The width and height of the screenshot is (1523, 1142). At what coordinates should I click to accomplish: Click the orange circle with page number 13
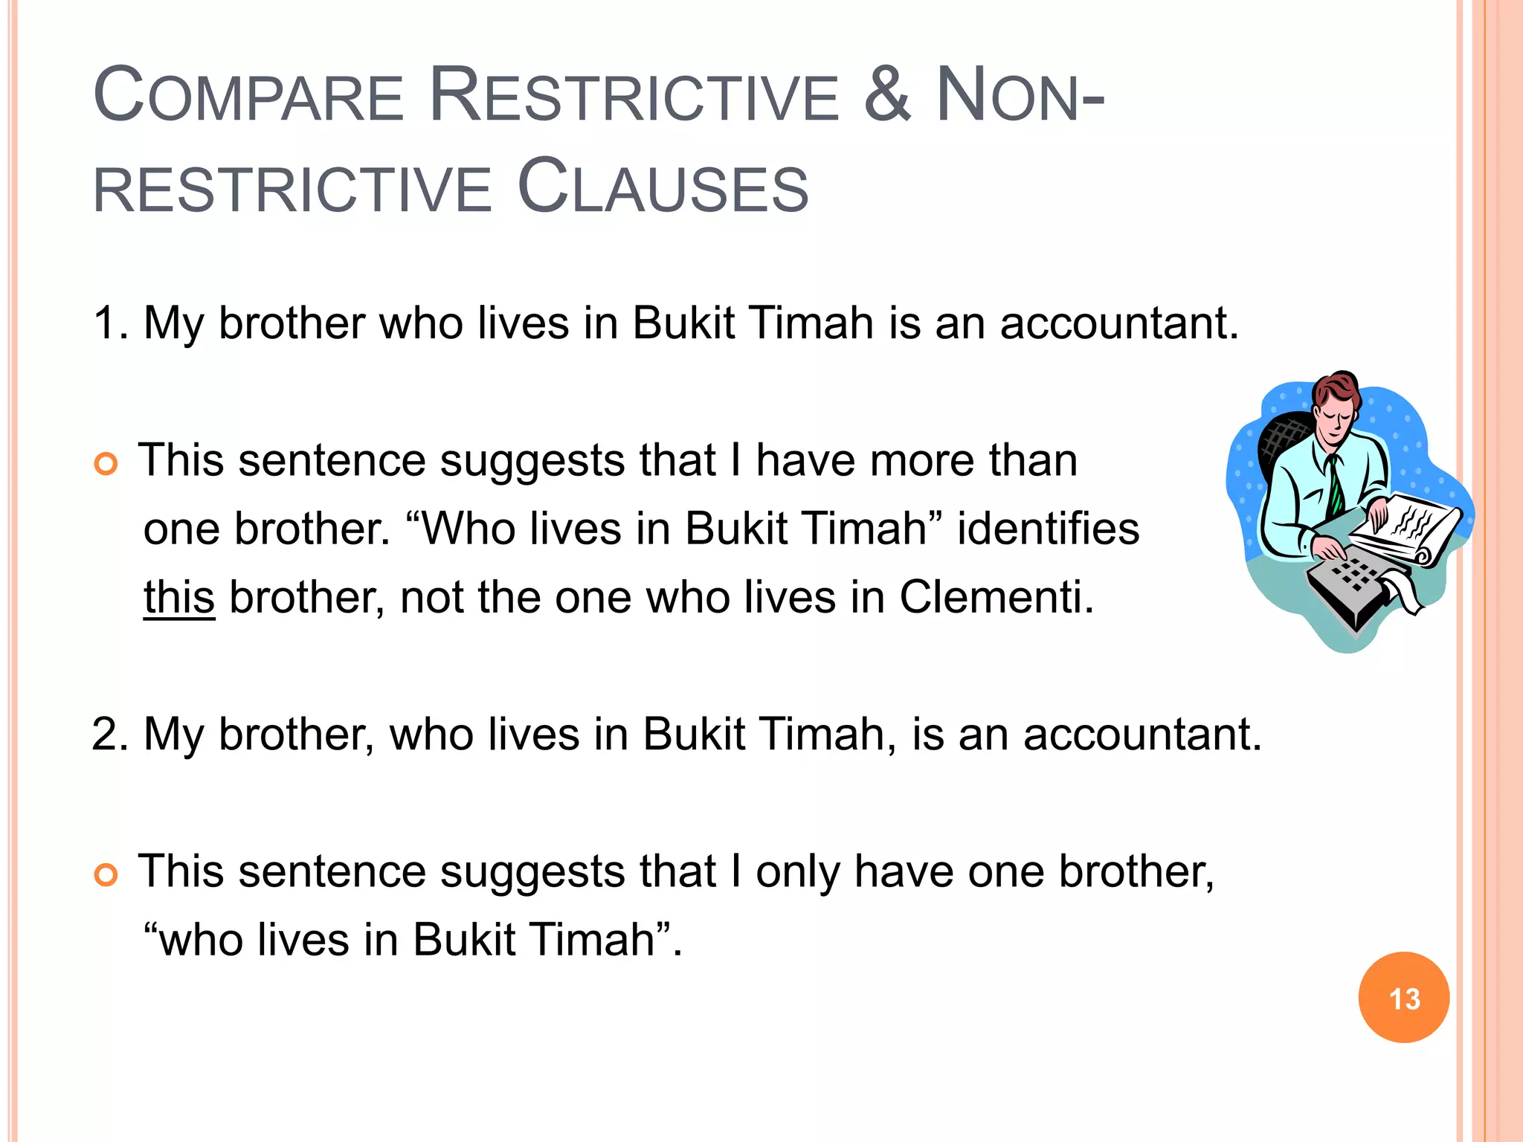click(1403, 997)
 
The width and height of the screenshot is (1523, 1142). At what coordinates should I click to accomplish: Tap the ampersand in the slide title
click(886, 95)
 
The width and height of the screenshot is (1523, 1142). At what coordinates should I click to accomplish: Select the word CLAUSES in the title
click(662, 187)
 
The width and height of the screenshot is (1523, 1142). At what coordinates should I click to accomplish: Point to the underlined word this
click(179, 597)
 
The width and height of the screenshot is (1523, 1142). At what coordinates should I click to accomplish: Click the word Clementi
click(996, 597)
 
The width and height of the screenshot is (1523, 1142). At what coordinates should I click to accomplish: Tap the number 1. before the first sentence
click(110, 323)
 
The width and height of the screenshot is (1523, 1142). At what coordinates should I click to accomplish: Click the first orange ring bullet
click(106, 464)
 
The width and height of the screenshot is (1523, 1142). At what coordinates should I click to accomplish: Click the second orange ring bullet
click(106, 875)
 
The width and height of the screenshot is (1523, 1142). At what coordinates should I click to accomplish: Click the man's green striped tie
click(1336, 488)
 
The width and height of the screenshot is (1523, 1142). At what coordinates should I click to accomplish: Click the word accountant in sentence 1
click(1118, 323)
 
